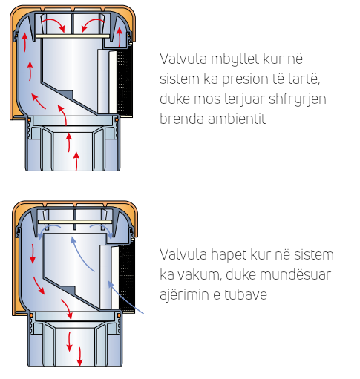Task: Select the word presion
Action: (245, 79)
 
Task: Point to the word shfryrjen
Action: (298, 99)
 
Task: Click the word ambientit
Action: (237, 119)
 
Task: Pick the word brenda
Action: (182, 119)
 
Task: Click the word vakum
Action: (200, 275)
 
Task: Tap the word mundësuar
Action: (278, 275)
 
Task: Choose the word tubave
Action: (246, 294)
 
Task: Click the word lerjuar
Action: (244, 99)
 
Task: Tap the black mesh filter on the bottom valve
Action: (127, 277)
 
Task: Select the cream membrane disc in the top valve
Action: (73, 36)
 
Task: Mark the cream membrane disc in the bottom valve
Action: (75, 222)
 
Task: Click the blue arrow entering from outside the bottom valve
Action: (125, 297)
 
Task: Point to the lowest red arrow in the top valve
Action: (76, 161)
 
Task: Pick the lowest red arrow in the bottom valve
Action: (79, 357)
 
